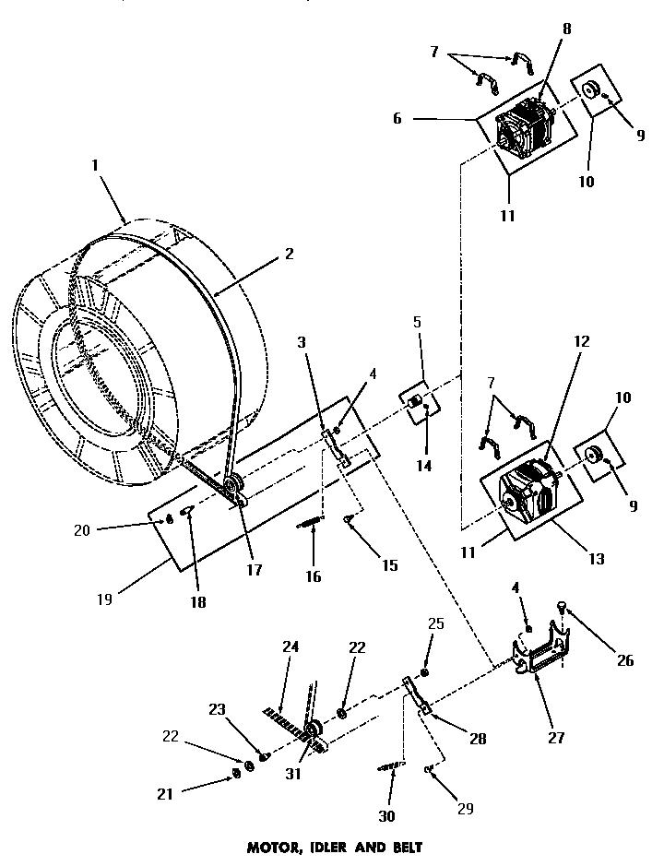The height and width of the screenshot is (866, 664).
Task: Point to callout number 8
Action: tap(566, 29)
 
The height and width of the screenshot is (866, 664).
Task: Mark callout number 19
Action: tap(102, 599)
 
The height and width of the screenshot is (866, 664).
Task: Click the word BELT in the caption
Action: tap(398, 846)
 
